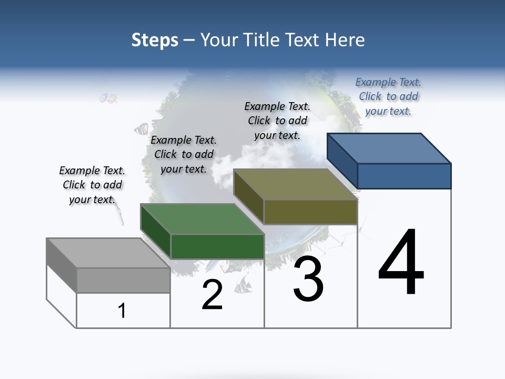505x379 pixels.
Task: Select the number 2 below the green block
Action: pos(212,295)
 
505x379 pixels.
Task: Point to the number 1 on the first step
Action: pos(122,311)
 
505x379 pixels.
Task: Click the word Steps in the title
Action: pos(155,40)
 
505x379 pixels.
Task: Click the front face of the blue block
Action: pos(404,176)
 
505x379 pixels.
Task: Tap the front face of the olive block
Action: pos(310,212)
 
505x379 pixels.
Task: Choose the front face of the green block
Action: pos(217,246)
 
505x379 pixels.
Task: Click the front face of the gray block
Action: pos(123,280)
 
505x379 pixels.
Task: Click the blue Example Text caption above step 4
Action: pos(388,96)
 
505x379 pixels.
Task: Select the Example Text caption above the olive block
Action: pos(277,121)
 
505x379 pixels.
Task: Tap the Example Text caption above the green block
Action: pos(184,154)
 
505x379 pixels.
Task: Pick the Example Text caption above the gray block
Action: pos(92,185)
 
